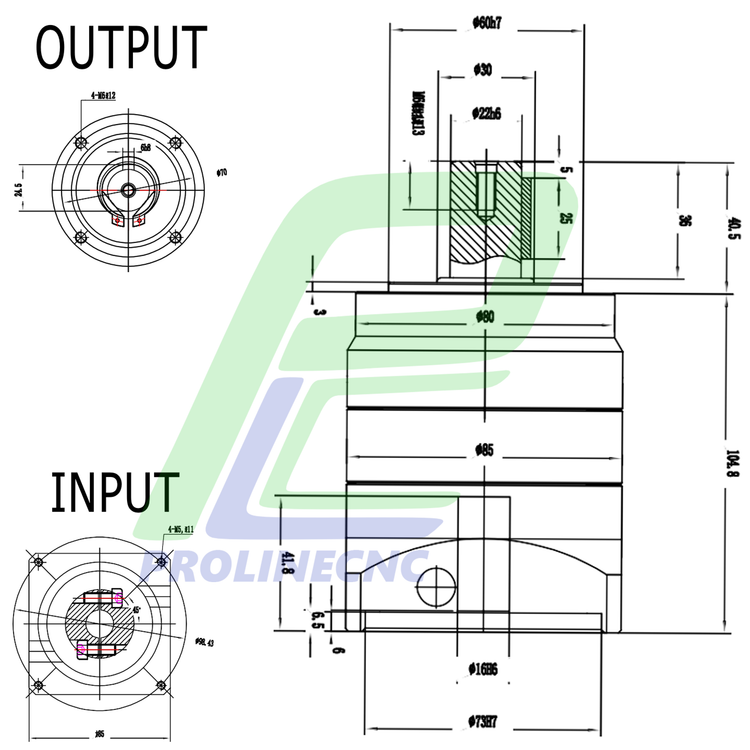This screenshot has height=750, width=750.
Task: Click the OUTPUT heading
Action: coord(121,47)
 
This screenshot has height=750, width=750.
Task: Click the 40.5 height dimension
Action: coord(734,228)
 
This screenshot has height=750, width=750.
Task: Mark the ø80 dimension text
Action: coord(486,318)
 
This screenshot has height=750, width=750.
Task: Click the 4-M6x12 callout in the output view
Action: coord(103,95)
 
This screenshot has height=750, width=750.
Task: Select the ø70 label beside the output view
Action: coord(223,173)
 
